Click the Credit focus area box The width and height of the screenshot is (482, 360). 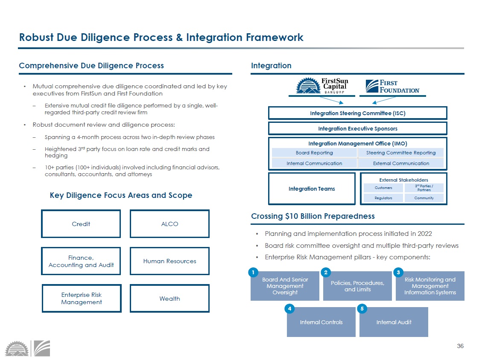click(81, 224)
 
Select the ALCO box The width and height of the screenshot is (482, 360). click(169, 224)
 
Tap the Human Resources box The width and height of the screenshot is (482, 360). click(169, 261)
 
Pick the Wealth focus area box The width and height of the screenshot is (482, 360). click(169, 299)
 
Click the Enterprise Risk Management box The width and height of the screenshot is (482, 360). click(81, 299)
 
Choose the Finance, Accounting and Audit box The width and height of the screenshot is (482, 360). click(81, 261)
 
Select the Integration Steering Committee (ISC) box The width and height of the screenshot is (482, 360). click(357, 113)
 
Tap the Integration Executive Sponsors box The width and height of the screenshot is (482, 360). click(357, 128)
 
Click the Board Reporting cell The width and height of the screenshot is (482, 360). click(314, 153)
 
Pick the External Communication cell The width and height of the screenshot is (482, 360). click(401, 163)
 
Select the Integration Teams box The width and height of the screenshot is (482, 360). click(312, 189)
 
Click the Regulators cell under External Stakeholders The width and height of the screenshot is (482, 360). click(383, 198)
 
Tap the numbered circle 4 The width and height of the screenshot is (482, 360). click(289, 308)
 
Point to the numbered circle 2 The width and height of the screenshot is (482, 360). click(326, 272)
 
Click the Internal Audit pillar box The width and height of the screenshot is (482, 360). click(394, 322)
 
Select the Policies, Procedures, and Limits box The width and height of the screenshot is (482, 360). click(357, 286)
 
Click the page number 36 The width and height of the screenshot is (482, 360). click(460, 346)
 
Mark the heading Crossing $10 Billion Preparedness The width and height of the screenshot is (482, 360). click(313, 216)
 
